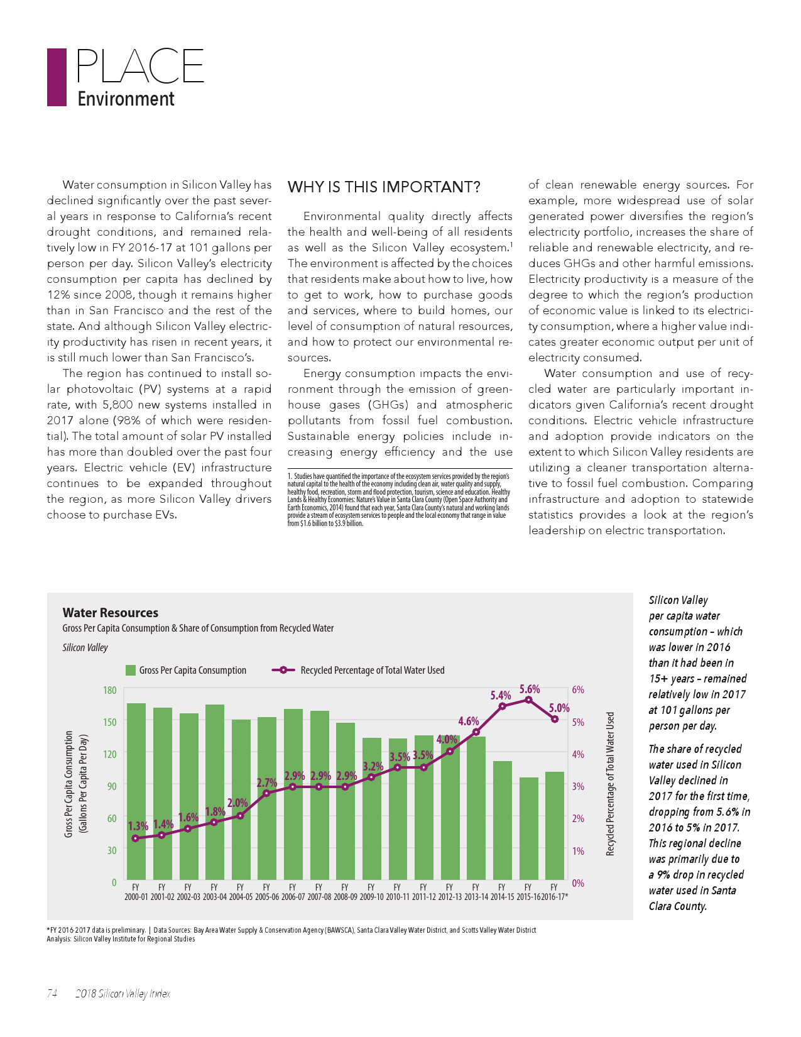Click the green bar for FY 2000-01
(136, 792)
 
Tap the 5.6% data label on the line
(529, 689)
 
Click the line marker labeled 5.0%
(555, 719)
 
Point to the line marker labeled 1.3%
(135, 838)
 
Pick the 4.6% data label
(468, 721)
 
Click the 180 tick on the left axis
(109, 690)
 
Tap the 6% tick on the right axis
(578, 689)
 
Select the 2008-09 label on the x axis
(345, 897)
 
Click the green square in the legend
(131, 671)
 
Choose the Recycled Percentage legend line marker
(283, 670)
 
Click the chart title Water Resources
(111, 613)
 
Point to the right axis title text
(609, 784)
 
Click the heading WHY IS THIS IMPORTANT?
(384, 187)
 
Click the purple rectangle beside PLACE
(57, 77)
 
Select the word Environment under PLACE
(126, 99)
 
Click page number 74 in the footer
(52, 994)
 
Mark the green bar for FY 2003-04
(214, 793)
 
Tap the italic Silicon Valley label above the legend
(85, 647)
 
